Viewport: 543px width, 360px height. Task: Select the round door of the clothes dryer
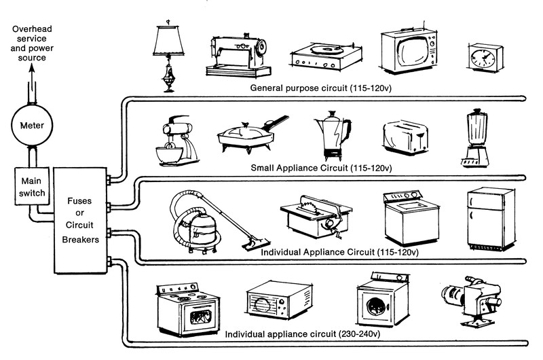pyautogui.click(x=375, y=309)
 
